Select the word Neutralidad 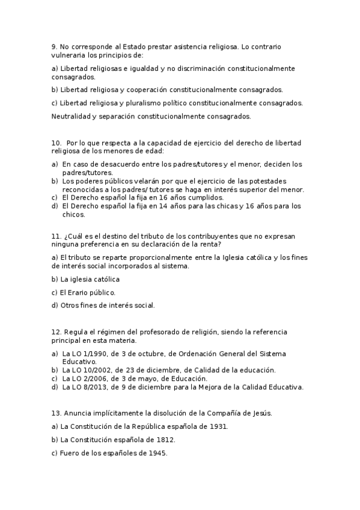(x=72, y=116)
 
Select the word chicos (x=74, y=215)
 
